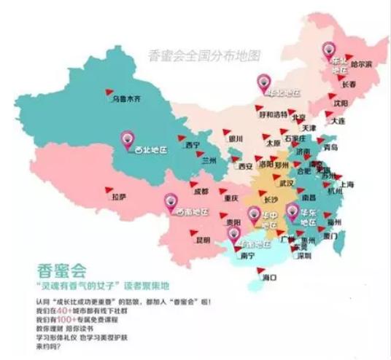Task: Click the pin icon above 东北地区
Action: click(x=328, y=50)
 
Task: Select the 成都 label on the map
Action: click(x=200, y=191)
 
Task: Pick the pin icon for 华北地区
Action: click(x=262, y=82)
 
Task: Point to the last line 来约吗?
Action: click(x=47, y=349)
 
